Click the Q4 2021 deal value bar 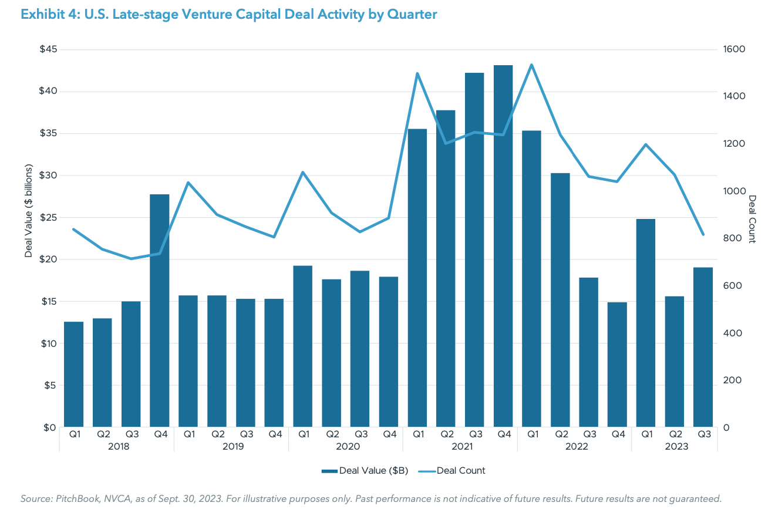point(503,246)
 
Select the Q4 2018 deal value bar point(160,311)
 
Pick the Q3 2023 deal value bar point(703,347)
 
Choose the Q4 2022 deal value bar point(617,365)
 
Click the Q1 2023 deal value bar point(646,323)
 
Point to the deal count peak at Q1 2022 point(531,65)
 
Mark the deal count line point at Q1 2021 point(417,73)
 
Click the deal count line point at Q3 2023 point(703,235)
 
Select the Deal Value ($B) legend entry point(365,471)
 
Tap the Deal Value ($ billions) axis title point(28,211)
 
